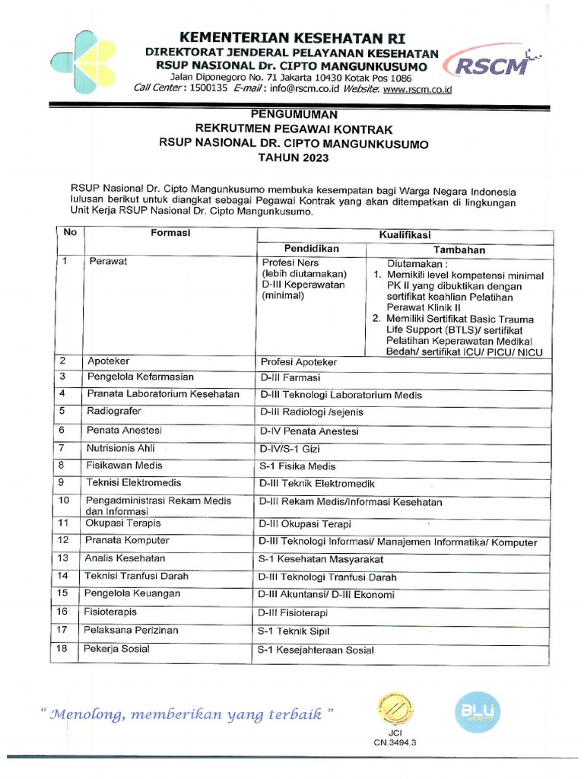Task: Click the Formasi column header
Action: (x=170, y=233)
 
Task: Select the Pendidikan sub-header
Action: (x=312, y=249)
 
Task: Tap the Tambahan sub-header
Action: (x=459, y=250)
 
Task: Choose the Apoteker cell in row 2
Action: (x=108, y=360)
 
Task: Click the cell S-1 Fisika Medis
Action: (x=297, y=466)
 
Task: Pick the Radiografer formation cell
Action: (x=113, y=412)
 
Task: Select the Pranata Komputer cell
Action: (x=128, y=540)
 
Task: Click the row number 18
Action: (x=64, y=649)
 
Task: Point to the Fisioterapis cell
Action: (x=112, y=612)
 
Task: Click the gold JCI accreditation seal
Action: (x=393, y=710)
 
